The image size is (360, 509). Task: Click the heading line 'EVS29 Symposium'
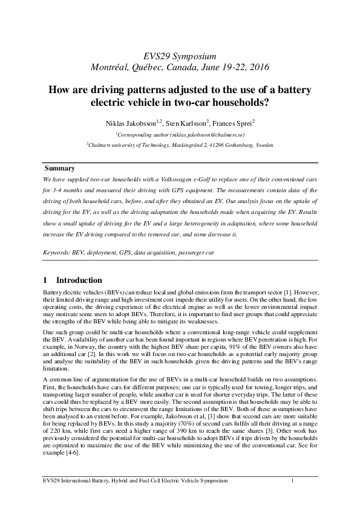pyautogui.click(x=180, y=55)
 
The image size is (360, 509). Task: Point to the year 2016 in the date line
pyautogui.click(x=258, y=66)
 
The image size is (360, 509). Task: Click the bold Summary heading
pyautogui.click(x=59, y=168)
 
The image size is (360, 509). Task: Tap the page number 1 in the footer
pyautogui.click(x=292, y=481)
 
